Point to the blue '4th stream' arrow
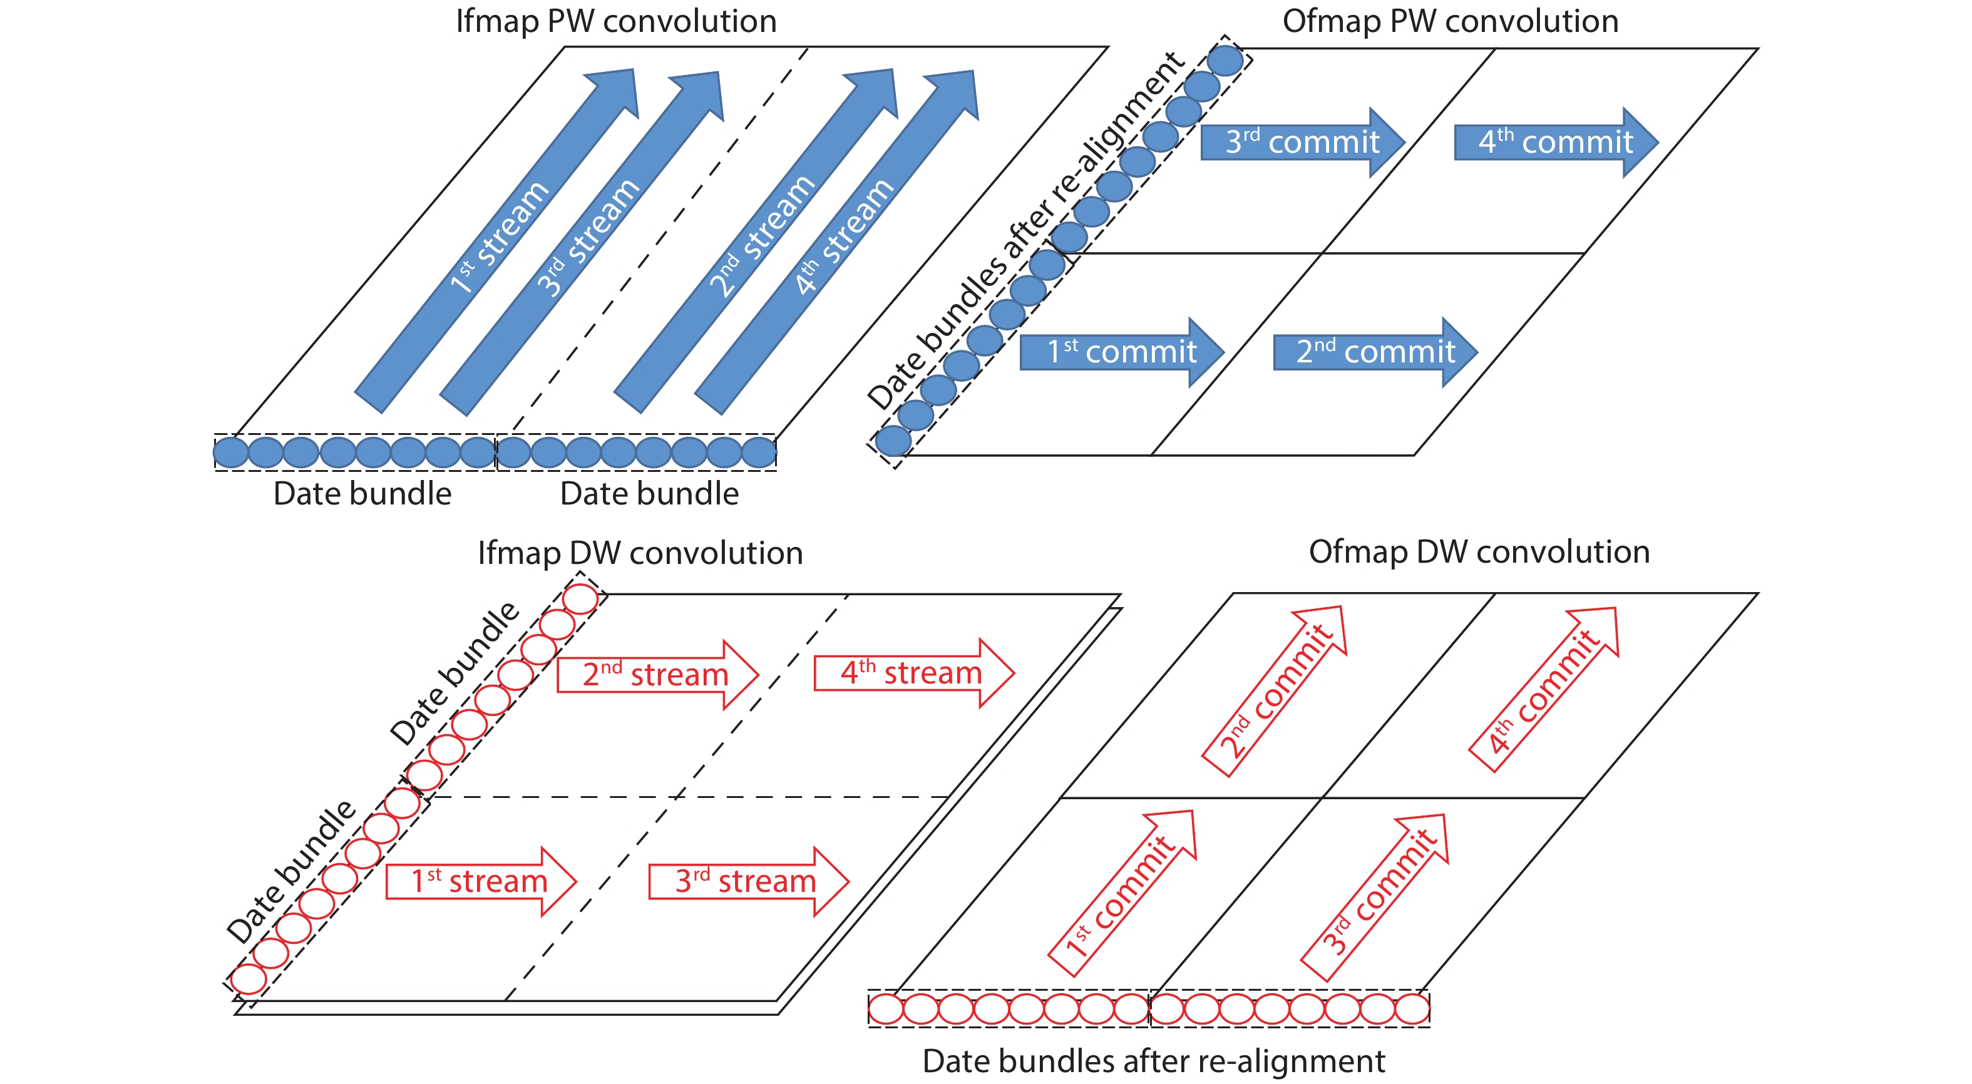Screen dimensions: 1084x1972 coord(838,241)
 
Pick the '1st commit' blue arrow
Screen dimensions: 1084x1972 coord(1121,352)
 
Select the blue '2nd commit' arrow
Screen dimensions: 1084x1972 coord(1374,352)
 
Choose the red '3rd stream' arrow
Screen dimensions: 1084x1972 coord(746,881)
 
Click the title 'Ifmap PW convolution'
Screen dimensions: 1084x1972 coord(616,21)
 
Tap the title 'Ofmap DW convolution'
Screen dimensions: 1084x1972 coord(1479,552)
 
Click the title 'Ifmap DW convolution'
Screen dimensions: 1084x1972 coord(640,553)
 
